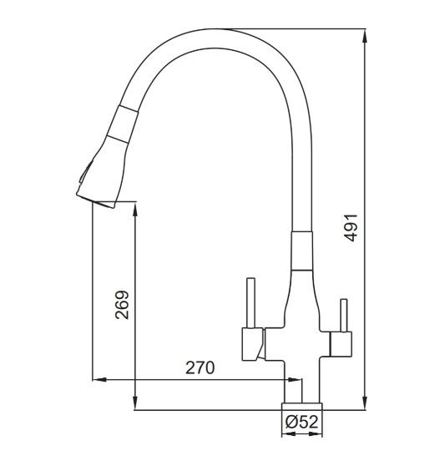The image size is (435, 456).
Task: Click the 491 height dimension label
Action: coord(351,228)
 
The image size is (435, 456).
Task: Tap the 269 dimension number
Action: coord(122,305)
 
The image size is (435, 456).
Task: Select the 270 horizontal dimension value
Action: coord(200,367)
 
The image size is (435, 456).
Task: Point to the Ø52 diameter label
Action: coord(301,422)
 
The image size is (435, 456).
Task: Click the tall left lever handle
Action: coord(250,303)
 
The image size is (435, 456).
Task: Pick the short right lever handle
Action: coord(344,316)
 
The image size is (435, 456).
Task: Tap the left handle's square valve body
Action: coord(253,344)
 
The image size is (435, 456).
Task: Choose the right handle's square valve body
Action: coord(341,344)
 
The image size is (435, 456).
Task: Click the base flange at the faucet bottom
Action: coord(301,406)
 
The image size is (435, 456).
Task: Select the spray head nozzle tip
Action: coord(96,201)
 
